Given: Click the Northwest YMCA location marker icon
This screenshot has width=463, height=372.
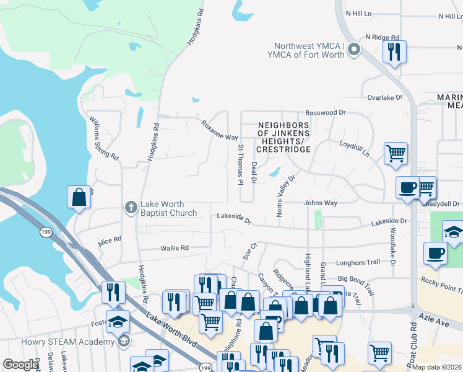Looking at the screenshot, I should click(x=354, y=49).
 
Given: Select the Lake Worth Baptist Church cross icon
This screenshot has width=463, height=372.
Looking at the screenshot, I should click(x=131, y=207).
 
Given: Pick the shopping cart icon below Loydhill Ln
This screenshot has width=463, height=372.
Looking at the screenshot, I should click(x=396, y=153).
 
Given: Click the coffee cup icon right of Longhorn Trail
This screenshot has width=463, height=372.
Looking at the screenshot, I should click(x=435, y=253).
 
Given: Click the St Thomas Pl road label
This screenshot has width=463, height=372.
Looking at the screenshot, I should click(x=240, y=164).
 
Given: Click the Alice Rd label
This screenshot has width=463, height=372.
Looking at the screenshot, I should click(x=109, y=239).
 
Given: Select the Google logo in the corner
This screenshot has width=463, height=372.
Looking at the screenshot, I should click(x=20, y=365).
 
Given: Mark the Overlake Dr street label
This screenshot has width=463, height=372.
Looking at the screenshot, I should click(x=384, y=98).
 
